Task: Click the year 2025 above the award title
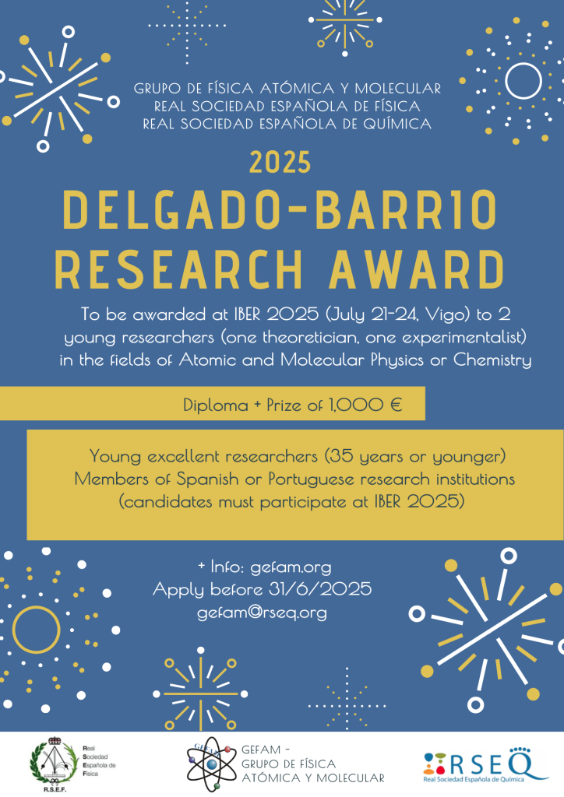coord(280,163)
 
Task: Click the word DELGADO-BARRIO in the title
coord(280,210)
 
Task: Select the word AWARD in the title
coord(417,269)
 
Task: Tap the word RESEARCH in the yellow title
coord(178,269)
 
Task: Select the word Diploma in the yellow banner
coord(216,405)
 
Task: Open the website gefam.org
coord(291,567)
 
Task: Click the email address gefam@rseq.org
coord(262,613)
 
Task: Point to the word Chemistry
coord(492,360)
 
